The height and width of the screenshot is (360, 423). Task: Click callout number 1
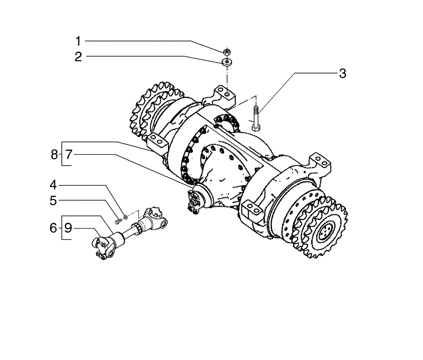click(x=78, y=41)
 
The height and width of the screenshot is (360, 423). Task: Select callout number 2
click(x=78, y=57)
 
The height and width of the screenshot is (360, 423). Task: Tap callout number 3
click(x=343, y=74)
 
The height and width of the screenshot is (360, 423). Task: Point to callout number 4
click(x=53, y=185)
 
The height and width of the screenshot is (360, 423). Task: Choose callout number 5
click(x=53, y=201)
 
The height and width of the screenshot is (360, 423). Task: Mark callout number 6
click(x=53, y=229)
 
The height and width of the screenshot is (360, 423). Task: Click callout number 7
click(x=69, y=155)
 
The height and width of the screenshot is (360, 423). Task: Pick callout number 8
click(x=54, y=155)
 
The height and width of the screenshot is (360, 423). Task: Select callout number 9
click(x=68, y=229)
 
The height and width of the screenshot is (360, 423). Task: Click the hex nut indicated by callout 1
click(x=227, y=52)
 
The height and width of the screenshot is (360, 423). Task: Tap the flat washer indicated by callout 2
click(x=227, y=63)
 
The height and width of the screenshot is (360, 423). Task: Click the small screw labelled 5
click(x=117, y=221)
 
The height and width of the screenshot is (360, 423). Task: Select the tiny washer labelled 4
click(x=125, y=218)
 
